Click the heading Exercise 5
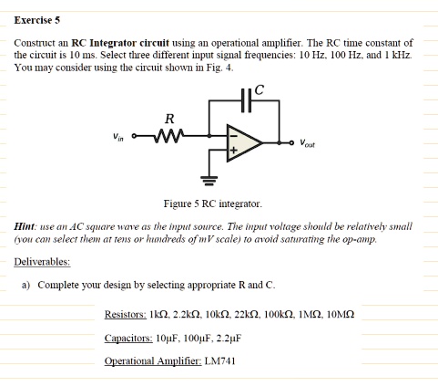[37, 20]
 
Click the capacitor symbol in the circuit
[246, 100]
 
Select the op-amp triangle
[244, 142]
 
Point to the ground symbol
[209, 181]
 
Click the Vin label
[118, 137]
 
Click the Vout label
[307, 143]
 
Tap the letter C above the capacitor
[260, 89]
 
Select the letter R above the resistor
[169, 119]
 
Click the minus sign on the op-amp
[233, 136]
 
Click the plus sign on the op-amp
[233, 150]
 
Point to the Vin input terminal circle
[134, 136]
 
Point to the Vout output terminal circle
[291, 142]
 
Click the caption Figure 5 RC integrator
[213, 203]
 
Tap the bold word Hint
[25, 226]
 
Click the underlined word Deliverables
[42, 262]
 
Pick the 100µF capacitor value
[195, 338]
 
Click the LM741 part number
[219, 361]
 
